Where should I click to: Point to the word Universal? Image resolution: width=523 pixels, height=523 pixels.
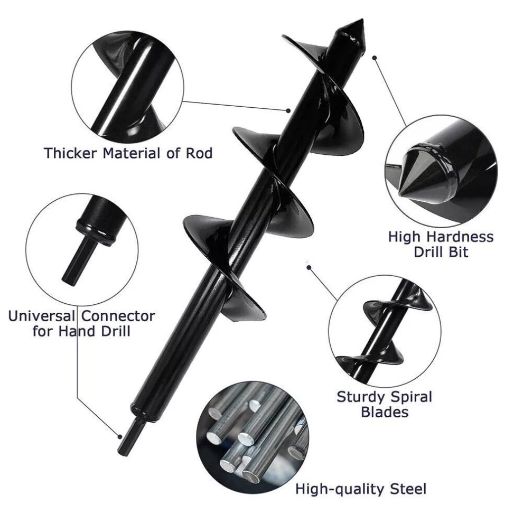coord(42,316)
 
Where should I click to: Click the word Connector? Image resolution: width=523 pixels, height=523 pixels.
coord(118,316)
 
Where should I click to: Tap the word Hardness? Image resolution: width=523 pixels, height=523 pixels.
coord(460,237)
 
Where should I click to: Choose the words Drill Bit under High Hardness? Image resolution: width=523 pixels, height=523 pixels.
coord(441,252)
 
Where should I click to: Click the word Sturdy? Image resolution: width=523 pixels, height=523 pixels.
coord(361,397)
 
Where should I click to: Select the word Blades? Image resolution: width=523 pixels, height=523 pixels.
coord(385,412)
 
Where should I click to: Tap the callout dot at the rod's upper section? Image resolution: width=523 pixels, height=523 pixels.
coord(288,110)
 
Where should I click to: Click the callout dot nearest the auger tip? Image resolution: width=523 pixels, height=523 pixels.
coord(375,58)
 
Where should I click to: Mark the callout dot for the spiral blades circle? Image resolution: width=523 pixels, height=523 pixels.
coord(309,267)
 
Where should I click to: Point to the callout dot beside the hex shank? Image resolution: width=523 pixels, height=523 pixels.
coord(120,436)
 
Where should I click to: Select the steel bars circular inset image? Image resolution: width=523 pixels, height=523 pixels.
coord(253,437)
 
